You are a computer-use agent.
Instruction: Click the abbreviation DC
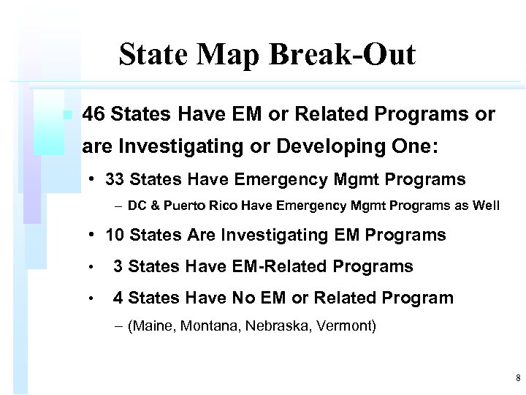click(137, 206)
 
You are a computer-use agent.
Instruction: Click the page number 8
click(517, 378)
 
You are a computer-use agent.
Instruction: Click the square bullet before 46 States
click(66, 115)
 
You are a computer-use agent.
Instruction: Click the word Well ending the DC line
click(486, 206)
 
